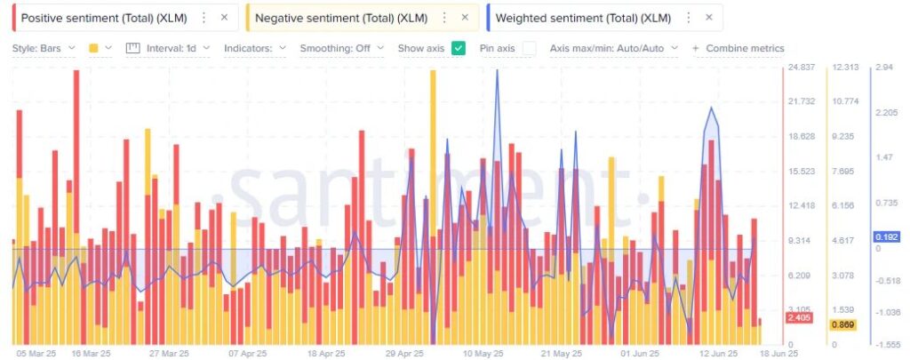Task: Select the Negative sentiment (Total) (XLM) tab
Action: pyautogui.click(x=341, y=18)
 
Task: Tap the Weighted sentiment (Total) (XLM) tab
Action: pyautogui.click(x=583, y=18)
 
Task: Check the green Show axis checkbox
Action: pyautogui.click(x=459, y=48)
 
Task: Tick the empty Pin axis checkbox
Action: pyautogui.click(x=529, y=48)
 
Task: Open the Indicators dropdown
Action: pyautogui.click(x=254, y=48)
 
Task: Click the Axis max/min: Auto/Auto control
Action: pyautogui.click(x=614, y=48)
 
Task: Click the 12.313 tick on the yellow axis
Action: pyautogui.click(x=844, y=68)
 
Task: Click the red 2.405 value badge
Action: pyautogui.click(x=800, y=317)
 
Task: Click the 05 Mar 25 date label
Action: pyautogui.click(x=35, y=353)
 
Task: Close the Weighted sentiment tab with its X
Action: pyautogui.click(x=708, y=18)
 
